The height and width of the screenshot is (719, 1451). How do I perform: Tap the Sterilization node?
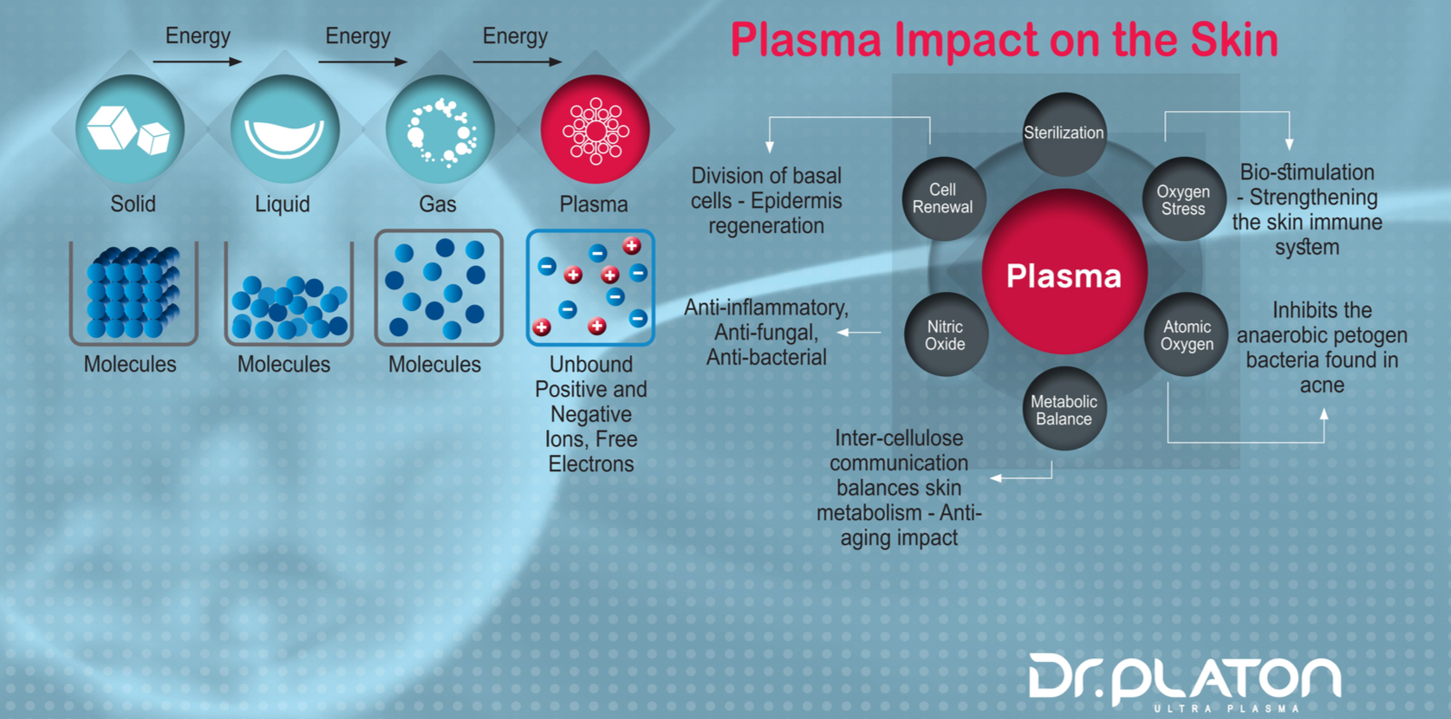tap(1064, 133)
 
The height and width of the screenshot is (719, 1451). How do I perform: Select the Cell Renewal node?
tap(943, 198)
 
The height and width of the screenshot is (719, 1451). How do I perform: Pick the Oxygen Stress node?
tap(1183, 199)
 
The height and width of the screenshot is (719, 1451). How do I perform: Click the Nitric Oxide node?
tap(945, 334)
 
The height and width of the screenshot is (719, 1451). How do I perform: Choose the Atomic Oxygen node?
tap(1187, 334)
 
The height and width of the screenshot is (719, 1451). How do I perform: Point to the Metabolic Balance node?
tap(1064, 410)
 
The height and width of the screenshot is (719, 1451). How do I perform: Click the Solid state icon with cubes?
tap(130, 130)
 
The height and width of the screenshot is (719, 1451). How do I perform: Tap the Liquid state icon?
tap(284, 130)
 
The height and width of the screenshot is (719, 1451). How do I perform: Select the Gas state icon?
tap(440, 130)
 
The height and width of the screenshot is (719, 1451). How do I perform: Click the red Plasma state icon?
tap(595, 130)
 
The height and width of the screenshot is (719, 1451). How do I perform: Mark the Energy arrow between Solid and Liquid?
tap(198, 62)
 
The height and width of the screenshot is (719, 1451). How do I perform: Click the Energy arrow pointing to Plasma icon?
tap(517, 62)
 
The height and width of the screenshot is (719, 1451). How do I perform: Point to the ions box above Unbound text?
tap(590, 288)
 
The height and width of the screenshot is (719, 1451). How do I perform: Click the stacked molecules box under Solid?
tap(133, 293)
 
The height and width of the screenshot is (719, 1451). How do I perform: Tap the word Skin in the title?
tap(1233, 40)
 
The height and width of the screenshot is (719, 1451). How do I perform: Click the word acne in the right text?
tap(1322, 385)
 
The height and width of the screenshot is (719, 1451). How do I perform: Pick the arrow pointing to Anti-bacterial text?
tap(859, 332)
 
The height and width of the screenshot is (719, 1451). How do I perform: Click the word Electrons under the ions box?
tap(591, 463)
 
